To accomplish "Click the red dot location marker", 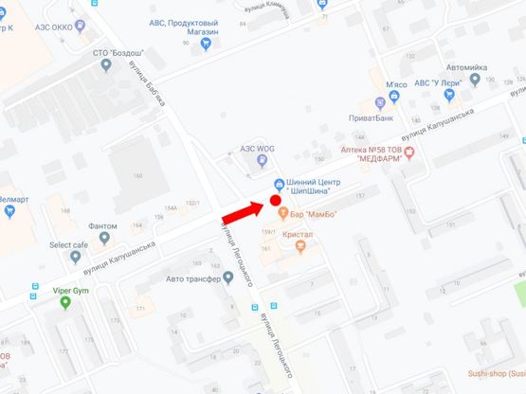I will click(x=276, y=200).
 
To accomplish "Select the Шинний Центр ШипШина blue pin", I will click(x=278, y=183).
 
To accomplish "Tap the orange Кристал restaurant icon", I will click(x=301, y=246).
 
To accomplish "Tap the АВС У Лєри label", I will click(x=439, y=83).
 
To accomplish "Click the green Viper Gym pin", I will click(x=65, y=303).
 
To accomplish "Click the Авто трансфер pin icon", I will click(x=227, y=278).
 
